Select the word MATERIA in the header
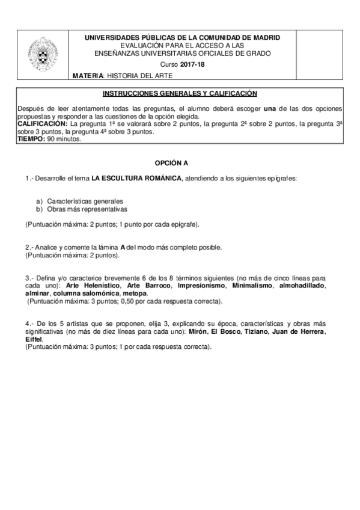pyautogui.click(x=87, y=76)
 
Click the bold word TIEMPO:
pyautogui.click(x=31, y=138)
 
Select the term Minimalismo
pyautogui.click(x=247, y=286)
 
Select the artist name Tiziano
pyautogui.click(x=259, y=332)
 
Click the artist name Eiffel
pyautogui.click(x=34, y=340)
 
